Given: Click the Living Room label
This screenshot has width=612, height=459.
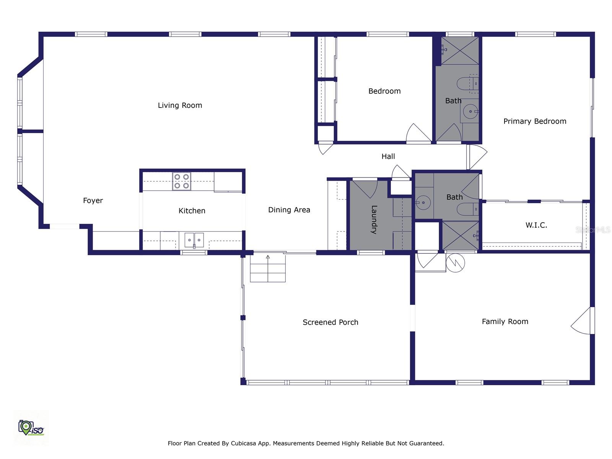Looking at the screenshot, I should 180,105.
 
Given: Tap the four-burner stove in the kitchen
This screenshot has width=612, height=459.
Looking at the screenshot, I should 181,181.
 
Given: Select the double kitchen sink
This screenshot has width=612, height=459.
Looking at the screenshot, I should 194,240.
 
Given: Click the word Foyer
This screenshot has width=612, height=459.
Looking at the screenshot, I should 93,200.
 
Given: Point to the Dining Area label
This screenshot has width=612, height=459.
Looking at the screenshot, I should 289,210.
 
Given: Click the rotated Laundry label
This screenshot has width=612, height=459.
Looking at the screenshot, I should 374,220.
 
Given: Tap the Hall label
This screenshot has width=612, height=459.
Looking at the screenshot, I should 388,156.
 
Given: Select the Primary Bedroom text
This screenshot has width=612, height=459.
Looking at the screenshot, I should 534,121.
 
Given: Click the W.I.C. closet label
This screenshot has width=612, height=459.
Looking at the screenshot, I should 536,225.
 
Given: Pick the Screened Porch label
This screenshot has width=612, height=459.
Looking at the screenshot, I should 330,322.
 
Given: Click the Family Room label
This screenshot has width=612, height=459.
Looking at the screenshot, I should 505,322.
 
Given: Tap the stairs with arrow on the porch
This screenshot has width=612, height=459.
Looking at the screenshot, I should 268,269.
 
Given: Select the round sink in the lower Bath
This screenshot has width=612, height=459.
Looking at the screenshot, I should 423,202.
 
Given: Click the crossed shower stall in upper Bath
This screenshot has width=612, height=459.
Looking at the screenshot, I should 460,50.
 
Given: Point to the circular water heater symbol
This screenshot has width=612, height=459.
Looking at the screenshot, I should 455,263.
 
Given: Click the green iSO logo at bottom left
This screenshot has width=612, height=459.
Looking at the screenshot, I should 31,427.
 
